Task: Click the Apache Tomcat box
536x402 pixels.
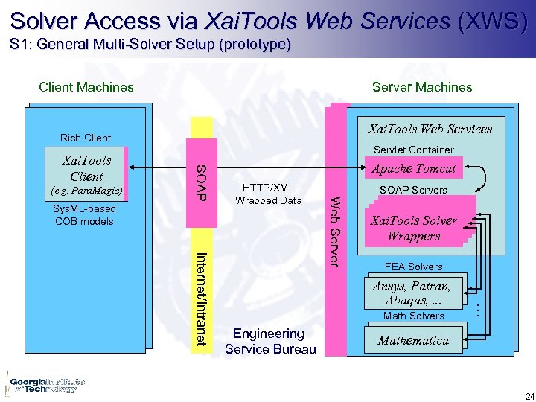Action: (x=413, y=169)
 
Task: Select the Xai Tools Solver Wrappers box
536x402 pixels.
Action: (x=413, y=229)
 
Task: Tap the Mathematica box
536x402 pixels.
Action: (x=413, y=341)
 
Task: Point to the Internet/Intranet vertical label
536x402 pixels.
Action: (x=201, y=299)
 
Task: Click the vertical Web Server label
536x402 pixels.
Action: (x=336, y=230)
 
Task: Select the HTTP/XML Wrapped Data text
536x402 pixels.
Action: (x=269, y=194)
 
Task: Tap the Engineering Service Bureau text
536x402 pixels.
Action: (x=269, y=341)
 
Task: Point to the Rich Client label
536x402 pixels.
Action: (x=86, y=138)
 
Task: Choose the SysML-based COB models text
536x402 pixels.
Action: (x=84, y=215)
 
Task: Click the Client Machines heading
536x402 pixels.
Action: (x=86, y=87)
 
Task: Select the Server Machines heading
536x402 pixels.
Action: (x=422, y=87)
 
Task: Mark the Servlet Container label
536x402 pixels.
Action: (x=413, y=150)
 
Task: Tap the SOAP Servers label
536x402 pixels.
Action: (x=413, y=190)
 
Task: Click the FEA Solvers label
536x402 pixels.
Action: (x=413, y=267)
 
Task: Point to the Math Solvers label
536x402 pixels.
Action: (x=413, y=316)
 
